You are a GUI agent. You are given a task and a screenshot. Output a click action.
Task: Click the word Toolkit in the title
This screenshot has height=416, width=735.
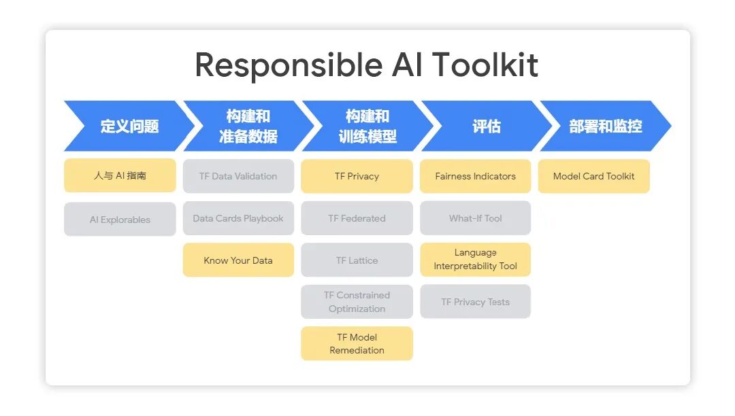pos(485,65)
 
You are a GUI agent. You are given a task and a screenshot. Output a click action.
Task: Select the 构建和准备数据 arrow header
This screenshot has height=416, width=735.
pos(248,126)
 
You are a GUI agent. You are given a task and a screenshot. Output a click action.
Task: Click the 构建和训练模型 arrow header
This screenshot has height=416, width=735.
pos(367,126)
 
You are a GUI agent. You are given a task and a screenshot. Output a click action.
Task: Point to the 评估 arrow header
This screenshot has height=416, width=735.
pos(486,126)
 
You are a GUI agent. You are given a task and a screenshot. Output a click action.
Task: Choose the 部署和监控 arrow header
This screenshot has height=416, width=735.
pos(604,126)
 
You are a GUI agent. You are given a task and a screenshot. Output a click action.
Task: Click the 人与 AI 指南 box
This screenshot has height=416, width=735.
pos(120,176)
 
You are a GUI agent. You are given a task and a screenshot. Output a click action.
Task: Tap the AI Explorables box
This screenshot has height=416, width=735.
pos(120,220)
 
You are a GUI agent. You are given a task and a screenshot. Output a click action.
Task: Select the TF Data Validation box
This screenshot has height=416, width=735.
pos(238,176)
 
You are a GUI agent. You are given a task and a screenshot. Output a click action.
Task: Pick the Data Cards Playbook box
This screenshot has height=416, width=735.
pos(238,218)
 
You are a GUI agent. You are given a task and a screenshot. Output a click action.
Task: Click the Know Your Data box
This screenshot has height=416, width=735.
pos(238,260)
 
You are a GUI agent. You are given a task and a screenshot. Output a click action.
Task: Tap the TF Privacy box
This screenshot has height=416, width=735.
pos(357,176)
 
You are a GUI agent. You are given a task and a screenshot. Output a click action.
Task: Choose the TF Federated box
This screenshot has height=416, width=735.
pos(357,218)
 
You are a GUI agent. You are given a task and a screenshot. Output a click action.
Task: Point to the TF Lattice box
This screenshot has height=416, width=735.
pos(357,260)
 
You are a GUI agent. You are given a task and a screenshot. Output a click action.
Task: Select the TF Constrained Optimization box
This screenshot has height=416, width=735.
pos(357,302)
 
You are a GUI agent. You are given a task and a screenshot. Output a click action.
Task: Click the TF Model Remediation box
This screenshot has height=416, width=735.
pos(357,344)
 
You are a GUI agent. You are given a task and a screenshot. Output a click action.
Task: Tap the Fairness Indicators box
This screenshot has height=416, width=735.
pos(475,176)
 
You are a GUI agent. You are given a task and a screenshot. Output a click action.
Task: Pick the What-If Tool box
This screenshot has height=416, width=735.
pos(475,218)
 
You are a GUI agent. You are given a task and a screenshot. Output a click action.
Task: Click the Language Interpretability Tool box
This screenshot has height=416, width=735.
pos(475,260)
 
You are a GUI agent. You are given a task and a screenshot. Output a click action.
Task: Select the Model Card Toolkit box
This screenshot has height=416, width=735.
pos(593,176)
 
